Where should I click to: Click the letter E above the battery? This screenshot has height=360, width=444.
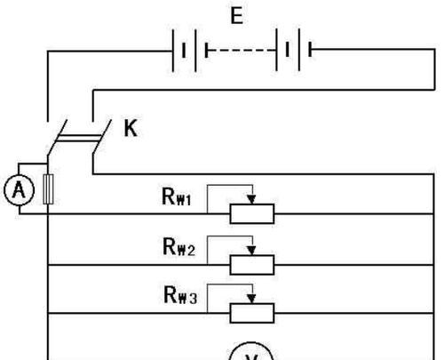(237, 16)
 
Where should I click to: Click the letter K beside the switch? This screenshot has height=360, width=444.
(131, 128)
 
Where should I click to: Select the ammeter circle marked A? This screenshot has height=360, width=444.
(19, 190)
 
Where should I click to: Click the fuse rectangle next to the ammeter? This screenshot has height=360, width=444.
(48, 189)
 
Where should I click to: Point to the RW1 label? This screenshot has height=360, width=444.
(177, 196)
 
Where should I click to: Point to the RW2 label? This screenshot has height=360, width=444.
(178, 247)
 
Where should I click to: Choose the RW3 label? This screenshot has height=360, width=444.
(180, 295)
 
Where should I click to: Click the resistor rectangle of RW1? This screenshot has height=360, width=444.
(252, 213)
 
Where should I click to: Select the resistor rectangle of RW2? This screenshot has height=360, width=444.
(252, 265)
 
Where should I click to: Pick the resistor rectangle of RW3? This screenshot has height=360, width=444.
(252, 313)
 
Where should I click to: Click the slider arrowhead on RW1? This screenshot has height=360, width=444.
(251, 200)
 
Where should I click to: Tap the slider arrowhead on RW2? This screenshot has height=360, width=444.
(251, 251)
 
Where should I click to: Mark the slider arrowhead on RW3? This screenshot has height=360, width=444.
(251, 299)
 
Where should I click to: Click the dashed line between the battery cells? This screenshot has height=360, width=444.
(242, 51)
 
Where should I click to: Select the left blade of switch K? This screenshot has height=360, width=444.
(58, 137)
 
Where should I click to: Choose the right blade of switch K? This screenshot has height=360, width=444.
(102, 137)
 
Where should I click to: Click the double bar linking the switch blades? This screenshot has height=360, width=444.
(79, 138)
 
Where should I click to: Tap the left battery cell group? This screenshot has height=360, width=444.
(190, 51)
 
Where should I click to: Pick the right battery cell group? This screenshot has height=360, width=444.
(294, 50)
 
